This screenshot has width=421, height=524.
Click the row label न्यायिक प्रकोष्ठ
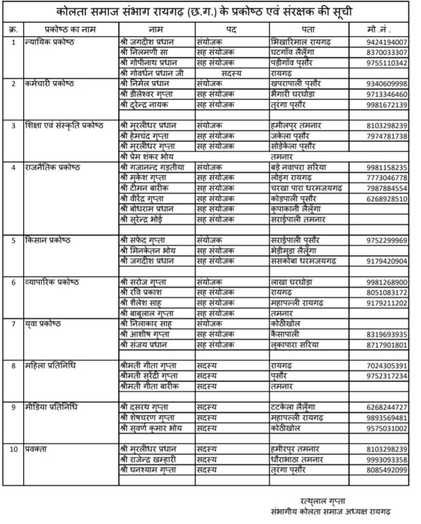pyautogui.click(x=49, y=41)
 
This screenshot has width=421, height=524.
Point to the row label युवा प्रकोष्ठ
pyautogui.click(x=42, y=323)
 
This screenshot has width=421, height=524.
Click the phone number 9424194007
pyautogui.click(x=387, y=41)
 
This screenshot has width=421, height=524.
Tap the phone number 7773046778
pyautogui.click(x=387, y=178)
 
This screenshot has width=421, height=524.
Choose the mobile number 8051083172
pyautogui.click(x=387, y=292)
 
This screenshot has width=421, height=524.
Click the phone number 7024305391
pyautogui.click(x=387, y=366)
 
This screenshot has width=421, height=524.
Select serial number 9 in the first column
pyautogui.click(x=13, y=407)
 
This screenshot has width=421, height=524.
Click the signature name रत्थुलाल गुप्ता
pyautogui.click(x=324, y=499)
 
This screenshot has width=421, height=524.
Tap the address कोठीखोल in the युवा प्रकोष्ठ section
pyautogui.click(x=287, y=323)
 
